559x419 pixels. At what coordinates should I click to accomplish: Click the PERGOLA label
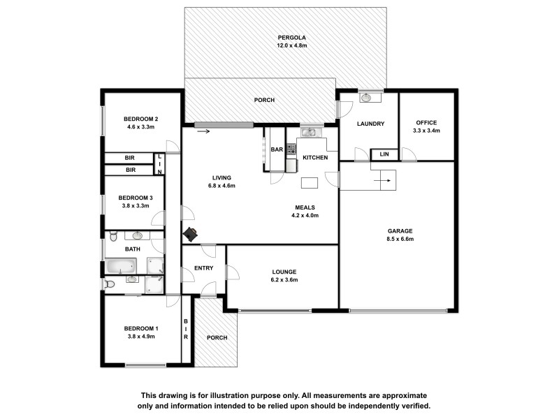(x=291, y=38)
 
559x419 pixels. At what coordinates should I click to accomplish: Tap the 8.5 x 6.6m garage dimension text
(x=401, y=239)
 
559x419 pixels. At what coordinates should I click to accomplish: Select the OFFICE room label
(x=426, y=122)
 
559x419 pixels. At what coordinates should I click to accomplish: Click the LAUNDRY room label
(x=370, y=124)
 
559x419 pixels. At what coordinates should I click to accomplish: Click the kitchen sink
(x=308, y=132)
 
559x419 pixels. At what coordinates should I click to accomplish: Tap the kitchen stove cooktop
(x=291, y=149)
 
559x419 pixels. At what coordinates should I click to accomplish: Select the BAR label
(x=276, y=149)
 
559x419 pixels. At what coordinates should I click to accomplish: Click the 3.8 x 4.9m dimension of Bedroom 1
(x=140, y=337)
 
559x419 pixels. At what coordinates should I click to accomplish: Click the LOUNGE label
(x=284, y=271)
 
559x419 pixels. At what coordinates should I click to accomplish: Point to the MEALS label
(x=304, y=207)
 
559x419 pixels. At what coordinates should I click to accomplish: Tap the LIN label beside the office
(x=384, y=154)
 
